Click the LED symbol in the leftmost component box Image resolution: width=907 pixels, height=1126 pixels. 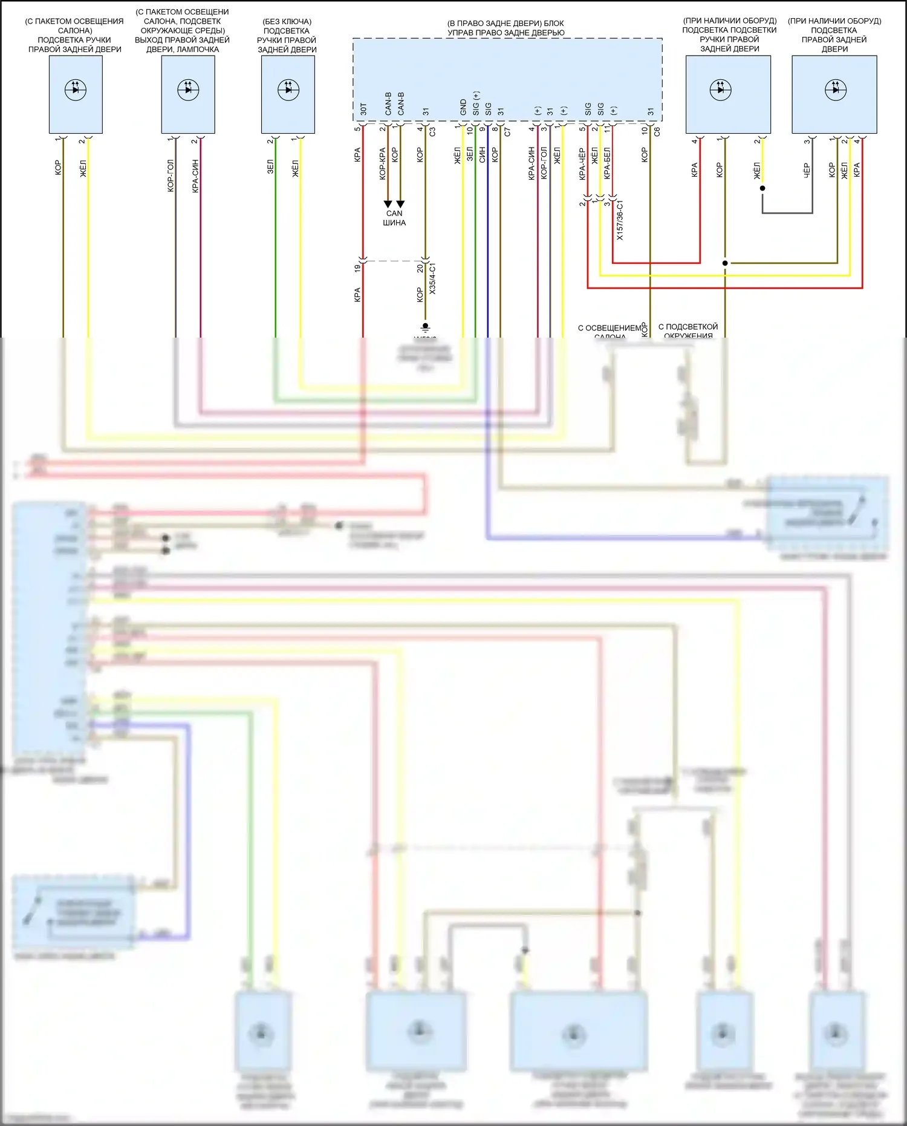click(76, 90)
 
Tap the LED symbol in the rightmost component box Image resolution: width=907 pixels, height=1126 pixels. click(835, 90)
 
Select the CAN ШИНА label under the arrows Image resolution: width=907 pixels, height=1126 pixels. click(394, 218)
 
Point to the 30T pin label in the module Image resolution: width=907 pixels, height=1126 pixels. click(363, 109)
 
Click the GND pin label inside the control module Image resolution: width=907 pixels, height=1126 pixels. click(463, 107)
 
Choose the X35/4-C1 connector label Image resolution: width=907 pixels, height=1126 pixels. click(432, 279)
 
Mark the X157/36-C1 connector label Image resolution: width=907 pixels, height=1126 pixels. click(620, 221)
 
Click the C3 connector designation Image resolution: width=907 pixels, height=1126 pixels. click(432, 131)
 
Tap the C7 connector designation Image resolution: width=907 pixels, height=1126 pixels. click(507, 131)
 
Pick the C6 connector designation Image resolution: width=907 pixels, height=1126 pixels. click(657, 131)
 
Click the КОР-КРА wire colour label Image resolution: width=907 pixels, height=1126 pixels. click(382, 163)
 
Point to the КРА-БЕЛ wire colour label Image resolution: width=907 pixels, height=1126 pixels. click(607, 163)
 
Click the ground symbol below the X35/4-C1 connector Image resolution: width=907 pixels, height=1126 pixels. click(425, 326)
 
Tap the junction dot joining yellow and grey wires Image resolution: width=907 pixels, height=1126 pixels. click(762, 188)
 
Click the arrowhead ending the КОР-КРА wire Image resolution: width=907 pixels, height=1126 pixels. click(388, 204)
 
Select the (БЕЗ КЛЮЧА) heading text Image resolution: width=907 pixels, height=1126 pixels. click(287, 21)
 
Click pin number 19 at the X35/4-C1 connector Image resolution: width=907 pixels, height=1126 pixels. click(357, 267)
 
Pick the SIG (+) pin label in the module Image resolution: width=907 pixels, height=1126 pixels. click(476, 103)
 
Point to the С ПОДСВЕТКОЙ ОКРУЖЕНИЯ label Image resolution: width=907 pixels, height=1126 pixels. click(688, 331)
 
